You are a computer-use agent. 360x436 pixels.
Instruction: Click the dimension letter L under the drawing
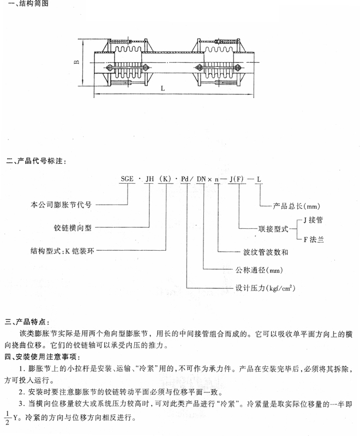click(164, 88)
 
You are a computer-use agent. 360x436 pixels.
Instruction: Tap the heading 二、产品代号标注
click(35, 162)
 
